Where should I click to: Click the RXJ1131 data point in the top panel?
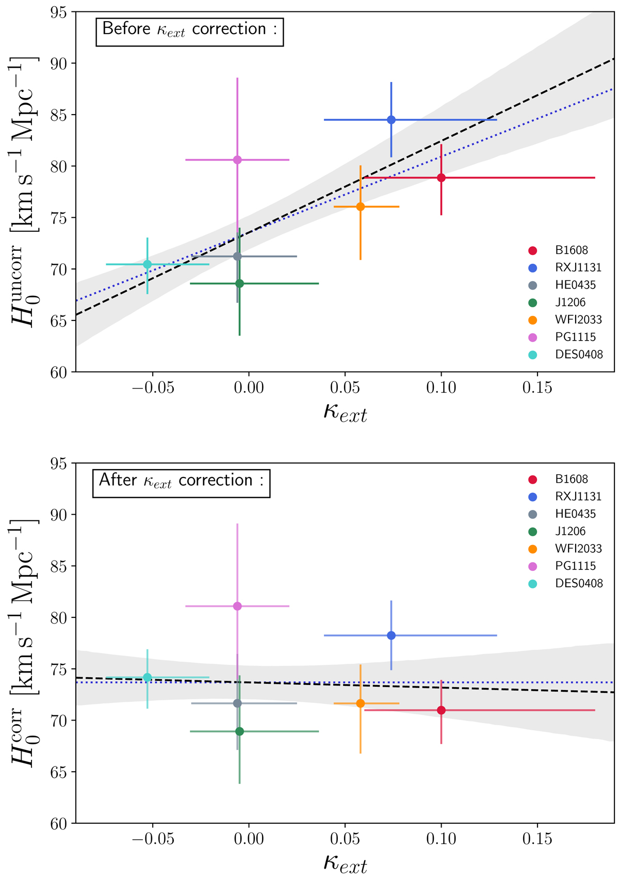tap(391, 120)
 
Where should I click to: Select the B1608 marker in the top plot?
tap(441, 178)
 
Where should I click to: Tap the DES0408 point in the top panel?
tap(148, 264)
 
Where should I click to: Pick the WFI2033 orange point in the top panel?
tap(361, 206)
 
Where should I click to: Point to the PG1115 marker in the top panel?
tap(237, 160)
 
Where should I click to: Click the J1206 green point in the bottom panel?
tap(239, 731)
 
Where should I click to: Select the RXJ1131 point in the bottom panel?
tap(391, 635)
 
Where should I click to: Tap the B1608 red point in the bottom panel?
tap(441, 710)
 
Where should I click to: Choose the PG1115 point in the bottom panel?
tap(237, 606)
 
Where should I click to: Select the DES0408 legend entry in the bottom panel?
tap(578, 583)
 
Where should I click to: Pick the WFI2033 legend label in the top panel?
tap(578, 319)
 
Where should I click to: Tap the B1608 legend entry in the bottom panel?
tap(571, 479)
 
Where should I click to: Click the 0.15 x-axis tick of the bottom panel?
tap(537, 839)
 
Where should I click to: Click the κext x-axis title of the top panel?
tap(345, 413)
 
